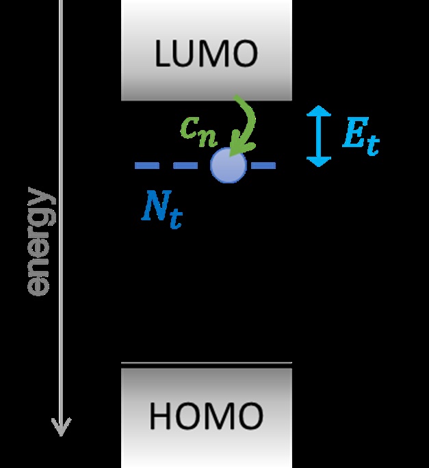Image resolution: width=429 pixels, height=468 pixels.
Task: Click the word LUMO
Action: [x=206, y=54]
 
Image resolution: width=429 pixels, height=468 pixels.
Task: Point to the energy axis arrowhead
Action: [x=62, y=430]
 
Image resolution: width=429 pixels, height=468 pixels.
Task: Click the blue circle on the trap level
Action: [x=228, y=166]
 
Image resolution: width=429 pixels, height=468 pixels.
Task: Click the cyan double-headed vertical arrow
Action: [x=319, y=136]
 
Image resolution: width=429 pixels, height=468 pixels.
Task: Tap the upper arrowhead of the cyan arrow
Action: [x=319, y=112]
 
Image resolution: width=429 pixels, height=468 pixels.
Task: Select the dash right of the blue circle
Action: [x=263, y=166]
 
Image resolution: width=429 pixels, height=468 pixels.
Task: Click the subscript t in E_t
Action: [x=372, y=145]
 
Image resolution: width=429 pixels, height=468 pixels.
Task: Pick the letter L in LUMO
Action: [x=161, y=54]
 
